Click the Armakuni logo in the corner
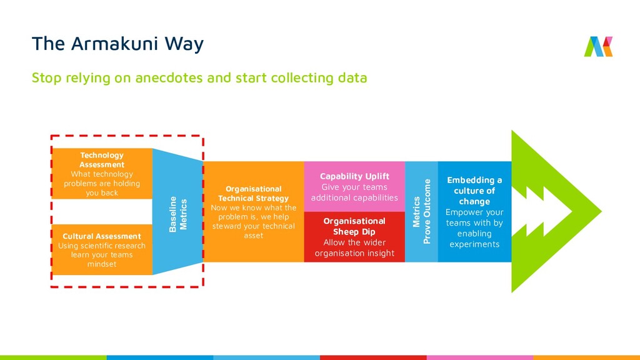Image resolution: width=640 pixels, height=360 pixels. [x=598, y=47]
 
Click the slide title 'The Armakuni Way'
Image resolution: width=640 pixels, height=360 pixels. [x=117, y=44]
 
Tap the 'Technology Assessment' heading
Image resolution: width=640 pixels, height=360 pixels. [x=102, y=160]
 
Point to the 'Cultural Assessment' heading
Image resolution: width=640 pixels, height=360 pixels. [x=102, y=236]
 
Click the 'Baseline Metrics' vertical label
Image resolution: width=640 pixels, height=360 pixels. [x=178, y=214]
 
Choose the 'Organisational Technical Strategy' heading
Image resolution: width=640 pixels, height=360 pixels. [x=254, y=193]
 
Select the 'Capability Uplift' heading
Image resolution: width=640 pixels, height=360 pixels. [x=354, y=176]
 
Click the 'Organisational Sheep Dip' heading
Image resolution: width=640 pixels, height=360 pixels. [x=354, y=226]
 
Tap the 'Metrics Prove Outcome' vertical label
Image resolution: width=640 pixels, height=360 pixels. [x=422, y=212]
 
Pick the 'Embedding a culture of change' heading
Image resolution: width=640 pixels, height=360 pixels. [x=474, y=191]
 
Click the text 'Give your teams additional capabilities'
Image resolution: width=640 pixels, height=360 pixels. [x=354, y=192]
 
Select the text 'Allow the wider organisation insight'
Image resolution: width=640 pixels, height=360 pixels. [x=354, y=248]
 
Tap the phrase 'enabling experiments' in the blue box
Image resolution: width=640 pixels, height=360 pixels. [x=474, y=239]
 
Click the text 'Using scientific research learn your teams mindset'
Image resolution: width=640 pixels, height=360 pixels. [x=102, y=255]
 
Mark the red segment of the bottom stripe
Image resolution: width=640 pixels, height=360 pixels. [x=373, y=357]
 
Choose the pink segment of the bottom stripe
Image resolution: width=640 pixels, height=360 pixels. [x=479, y=357]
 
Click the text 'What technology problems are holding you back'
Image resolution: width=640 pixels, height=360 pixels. [x=102, y=184]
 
